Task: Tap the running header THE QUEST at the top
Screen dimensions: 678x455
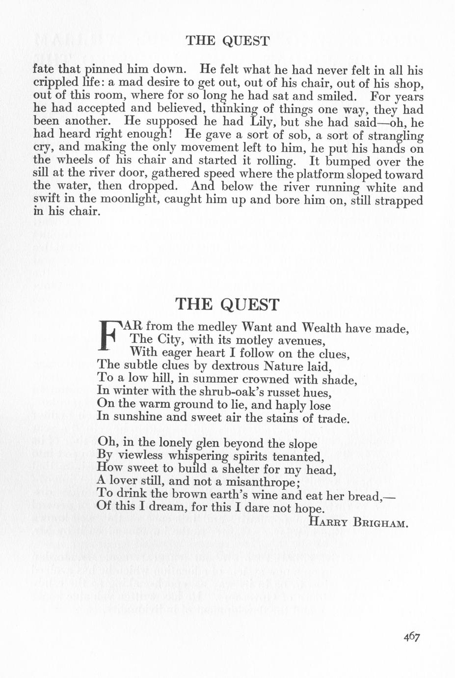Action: [x=227, y=41]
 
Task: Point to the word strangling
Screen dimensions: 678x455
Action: [x=395, y=135]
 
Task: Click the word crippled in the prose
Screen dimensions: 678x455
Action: [x=55, y=83]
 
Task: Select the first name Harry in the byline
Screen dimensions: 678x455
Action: [x=328, y=523]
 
